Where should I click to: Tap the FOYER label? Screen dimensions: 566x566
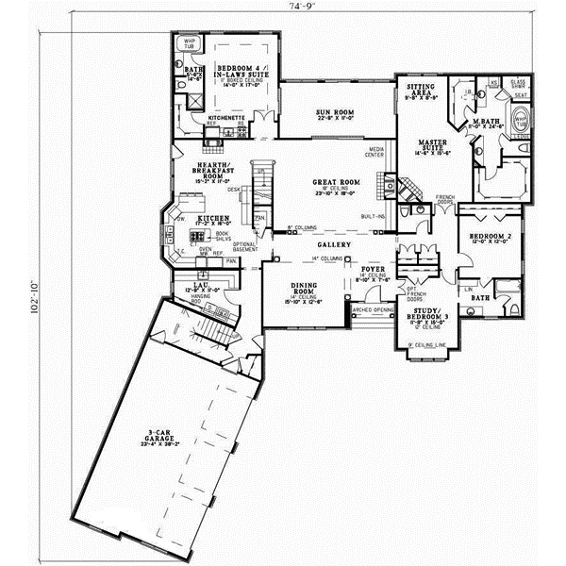pyautogui.click(x=376, y=272)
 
